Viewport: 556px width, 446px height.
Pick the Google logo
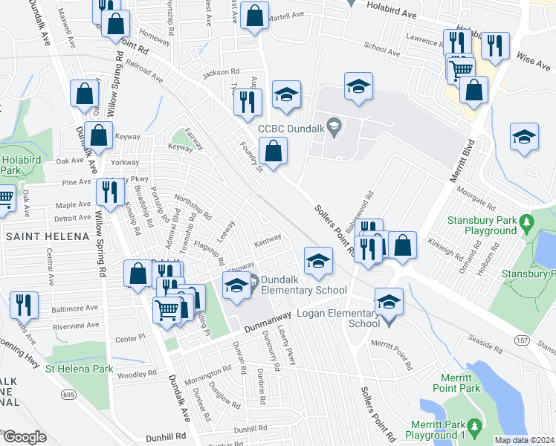pos(24,437)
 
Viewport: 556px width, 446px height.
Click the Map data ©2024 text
pos(524,440)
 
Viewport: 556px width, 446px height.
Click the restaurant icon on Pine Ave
pos(110,193)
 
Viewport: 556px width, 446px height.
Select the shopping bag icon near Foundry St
pos(274,152)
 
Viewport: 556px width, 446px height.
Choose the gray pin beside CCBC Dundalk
pos(334,127)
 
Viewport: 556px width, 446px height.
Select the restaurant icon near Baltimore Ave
pos(25,306)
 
